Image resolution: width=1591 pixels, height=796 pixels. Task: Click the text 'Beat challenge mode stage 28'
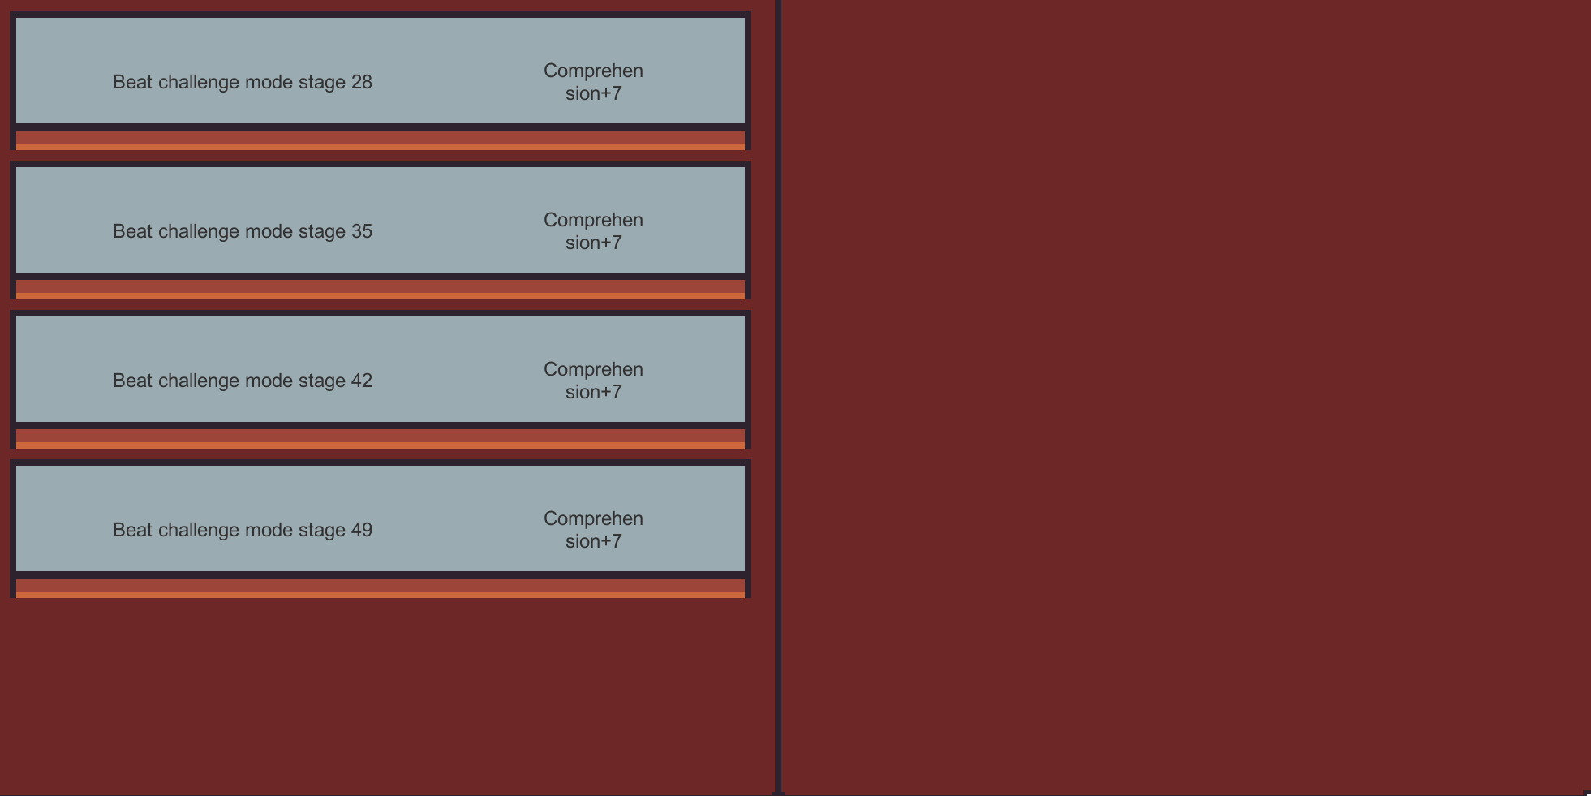[243, 82]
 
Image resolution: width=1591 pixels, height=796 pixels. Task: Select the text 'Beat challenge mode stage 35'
[243, 231]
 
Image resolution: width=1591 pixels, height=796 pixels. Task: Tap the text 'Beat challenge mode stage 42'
[243, 381]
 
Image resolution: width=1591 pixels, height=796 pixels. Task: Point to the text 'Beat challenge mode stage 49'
[243, 530]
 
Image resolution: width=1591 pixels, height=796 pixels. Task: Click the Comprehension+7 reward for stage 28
[593, 82]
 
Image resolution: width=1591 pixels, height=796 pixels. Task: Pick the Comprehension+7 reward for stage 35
[593, 231]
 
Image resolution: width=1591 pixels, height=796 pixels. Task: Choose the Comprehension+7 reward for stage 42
[593, 381]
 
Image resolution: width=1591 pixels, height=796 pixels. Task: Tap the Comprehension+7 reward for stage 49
[593, 530]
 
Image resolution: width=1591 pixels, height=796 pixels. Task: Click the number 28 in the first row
[362, 82]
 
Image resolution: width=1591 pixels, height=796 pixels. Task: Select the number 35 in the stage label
[362, 231]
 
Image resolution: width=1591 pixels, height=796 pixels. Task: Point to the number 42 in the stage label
[362, 381]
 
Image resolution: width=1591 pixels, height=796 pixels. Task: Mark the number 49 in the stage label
[362, 530]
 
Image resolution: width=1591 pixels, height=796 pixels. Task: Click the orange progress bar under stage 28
[381, 140]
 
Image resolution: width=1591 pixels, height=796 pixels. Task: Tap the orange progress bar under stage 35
[381, 290]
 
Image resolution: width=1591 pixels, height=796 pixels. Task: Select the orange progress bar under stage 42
[381, 439]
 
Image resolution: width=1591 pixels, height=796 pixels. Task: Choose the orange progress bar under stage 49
[381, 588]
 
